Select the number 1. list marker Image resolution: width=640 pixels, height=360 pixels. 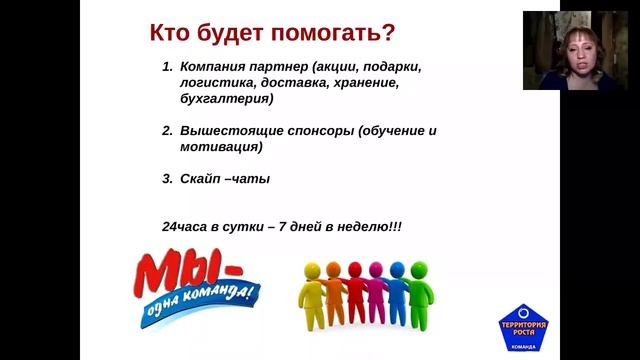pyautogui.click(x=167, y=67)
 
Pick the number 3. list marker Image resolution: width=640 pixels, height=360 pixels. pyautogui.click(x=167, y=179)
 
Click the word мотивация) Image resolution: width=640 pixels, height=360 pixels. pyautogui.click(x=222, y=147)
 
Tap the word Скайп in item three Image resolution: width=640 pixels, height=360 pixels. pyautogui.click(x=201, y=179)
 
